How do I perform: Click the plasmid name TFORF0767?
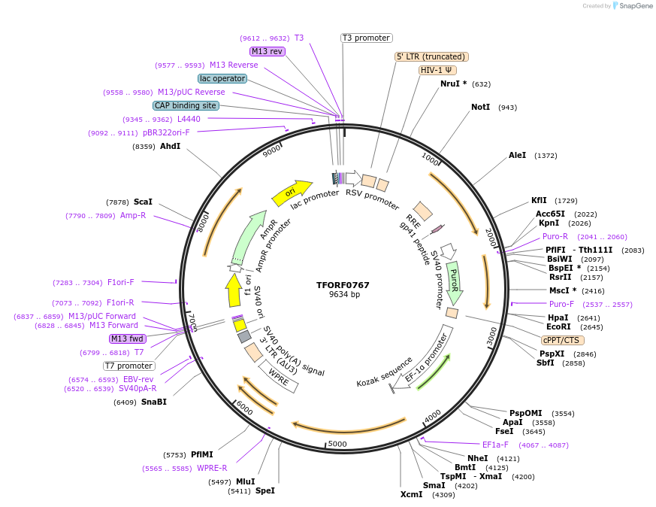coord(343,285)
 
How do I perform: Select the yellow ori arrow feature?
coord(292,193)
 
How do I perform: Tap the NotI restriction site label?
coord(480,107)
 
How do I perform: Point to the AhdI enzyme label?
coord(170,146)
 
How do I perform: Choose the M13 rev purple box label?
coord(268,51)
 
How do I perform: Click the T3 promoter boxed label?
coord(366,38)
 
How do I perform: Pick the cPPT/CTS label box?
coord(561,339)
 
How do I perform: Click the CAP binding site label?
coord(186,106)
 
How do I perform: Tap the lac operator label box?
coord(222,78)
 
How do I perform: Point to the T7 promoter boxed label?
coord(128,366)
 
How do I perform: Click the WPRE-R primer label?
coord(212,468)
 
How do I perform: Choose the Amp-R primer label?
coord(133,215)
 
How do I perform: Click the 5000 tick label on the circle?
coord(337,444)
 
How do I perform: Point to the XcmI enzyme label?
coord(412,494)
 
